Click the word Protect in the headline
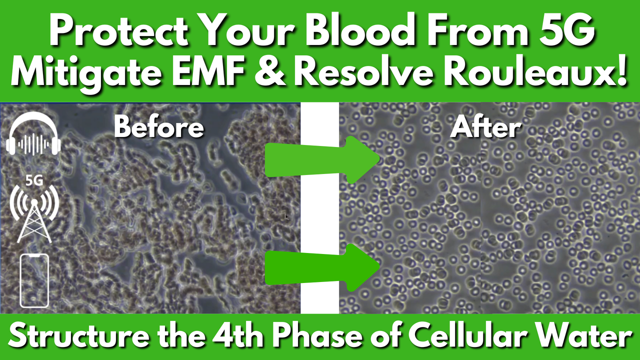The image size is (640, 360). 118,29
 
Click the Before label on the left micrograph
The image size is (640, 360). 159,127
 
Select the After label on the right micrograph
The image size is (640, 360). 485,127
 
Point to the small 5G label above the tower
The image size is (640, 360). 34,180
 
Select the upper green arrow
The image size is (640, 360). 322,160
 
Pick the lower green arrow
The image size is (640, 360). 322,267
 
